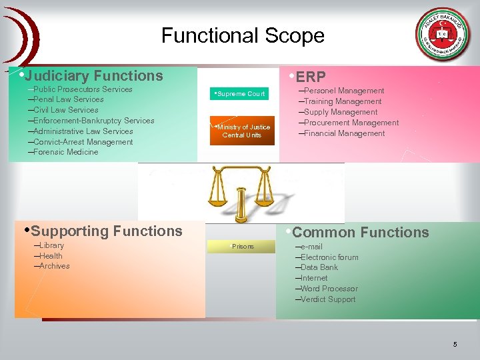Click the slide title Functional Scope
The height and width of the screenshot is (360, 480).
pyautogui.click(x=243, y=35)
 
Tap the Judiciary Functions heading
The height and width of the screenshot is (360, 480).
pyautogui.click(x=93, y=76)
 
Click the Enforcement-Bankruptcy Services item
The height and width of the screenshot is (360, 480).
pyautogui.click(x=93, y=121)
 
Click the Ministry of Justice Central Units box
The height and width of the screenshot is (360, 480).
pyautogui.click(x=241, y=131)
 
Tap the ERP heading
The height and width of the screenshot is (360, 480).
pyautogui.click(x=309, y=77)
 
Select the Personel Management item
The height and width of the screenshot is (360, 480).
pyautogui.click(x=343, y=91)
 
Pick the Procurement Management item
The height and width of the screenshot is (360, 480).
pyautogui.click(x=351, y=123)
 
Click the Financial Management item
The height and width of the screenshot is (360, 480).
pyautogui.click(x=344, y=133)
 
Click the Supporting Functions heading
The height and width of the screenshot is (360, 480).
pyautogui.click(x=105, y=231)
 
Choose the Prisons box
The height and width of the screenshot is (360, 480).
pyautogui.click(x=241, y=247)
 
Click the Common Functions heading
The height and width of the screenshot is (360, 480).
pyautogui.click(x=359, y=233)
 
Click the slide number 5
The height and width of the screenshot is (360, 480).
pyautogui.click(x=455, y=345)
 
